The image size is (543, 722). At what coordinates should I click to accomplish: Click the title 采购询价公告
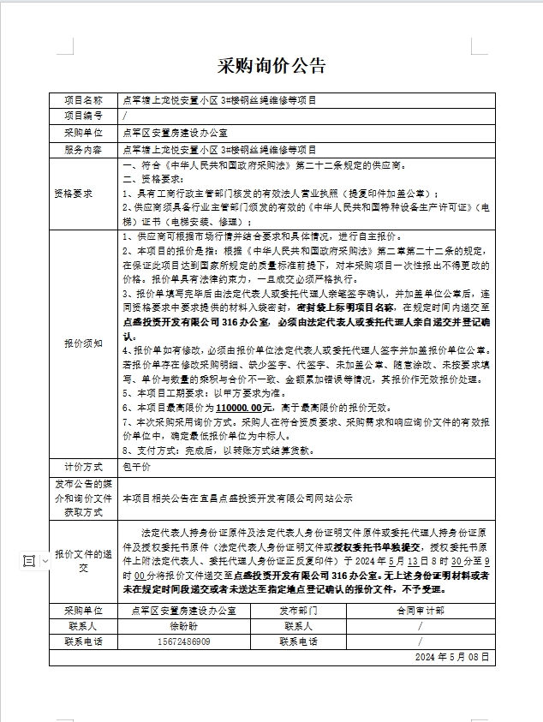272,66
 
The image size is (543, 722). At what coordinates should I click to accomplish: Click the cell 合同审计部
420,611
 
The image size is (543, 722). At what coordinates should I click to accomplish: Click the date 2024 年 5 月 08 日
451,657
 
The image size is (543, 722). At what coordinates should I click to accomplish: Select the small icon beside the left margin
28,561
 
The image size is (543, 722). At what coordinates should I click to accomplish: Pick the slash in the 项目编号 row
126,116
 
